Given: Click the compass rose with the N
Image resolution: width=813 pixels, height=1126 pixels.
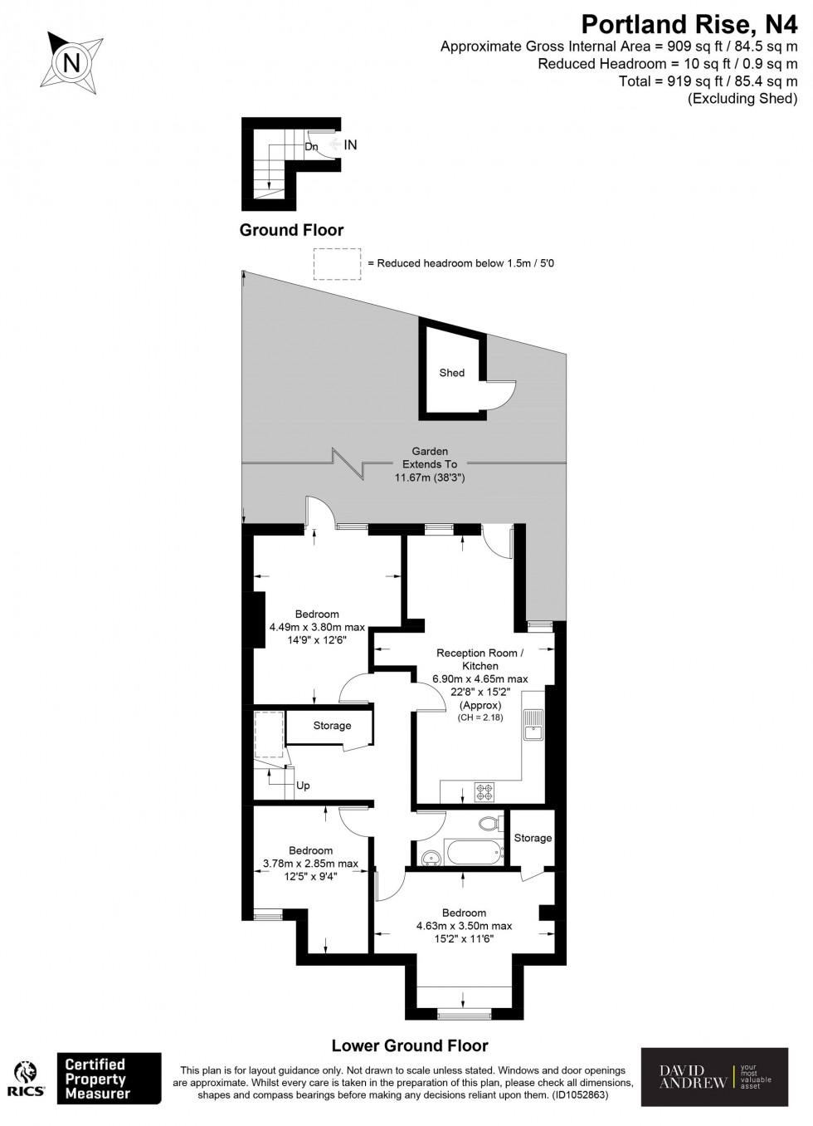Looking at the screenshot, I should [72, 61].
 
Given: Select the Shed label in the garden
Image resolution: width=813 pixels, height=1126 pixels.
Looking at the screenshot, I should [451, 373].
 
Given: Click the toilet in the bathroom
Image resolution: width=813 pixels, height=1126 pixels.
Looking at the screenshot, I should [491, 824].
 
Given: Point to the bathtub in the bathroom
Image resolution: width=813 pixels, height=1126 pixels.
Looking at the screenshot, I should [474, 853].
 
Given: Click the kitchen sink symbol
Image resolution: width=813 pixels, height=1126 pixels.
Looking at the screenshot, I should [533, 724].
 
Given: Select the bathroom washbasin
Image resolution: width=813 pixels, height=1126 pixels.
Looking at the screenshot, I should [429, 856].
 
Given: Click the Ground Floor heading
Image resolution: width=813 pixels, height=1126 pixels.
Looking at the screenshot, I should [291, 230].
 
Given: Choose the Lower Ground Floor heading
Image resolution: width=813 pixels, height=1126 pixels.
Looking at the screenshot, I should [410, 1045].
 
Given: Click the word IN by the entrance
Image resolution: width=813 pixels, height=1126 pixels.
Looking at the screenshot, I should [350, 144].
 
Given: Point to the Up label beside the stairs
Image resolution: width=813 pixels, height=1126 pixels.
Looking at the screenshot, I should [303, 786].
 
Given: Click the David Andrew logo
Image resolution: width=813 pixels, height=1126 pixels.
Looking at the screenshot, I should [714, 1077].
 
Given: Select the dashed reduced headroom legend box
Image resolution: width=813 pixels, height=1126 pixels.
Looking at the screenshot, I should [338, 263].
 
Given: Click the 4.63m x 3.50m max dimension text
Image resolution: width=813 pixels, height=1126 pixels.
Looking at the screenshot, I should [464, 926].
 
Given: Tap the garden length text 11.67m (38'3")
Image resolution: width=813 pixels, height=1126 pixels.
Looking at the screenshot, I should [429, 477].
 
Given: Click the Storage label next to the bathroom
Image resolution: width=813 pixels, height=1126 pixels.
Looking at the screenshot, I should [532, 838].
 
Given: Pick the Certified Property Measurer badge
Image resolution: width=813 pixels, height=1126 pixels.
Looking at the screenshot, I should [109, 1079].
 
